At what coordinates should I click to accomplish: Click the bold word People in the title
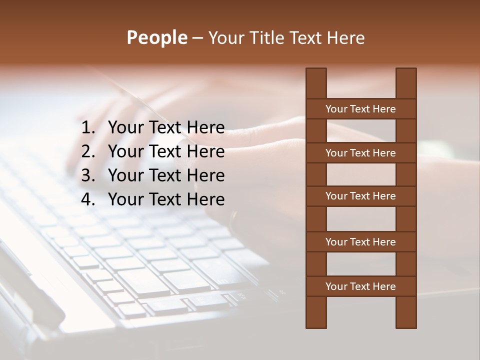(x=156, y=38)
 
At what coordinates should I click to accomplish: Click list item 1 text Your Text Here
(x=166, y=128)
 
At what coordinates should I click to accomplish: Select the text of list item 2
(x=166, y=151)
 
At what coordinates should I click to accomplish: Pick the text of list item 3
(x=166, y=175)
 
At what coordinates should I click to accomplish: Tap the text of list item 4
(x=166, y=199)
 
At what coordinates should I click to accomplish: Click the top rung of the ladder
(x=360, y=109)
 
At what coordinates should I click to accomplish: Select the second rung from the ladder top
(x=360, y=153)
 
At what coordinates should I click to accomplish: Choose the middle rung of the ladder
(x=360, y=196)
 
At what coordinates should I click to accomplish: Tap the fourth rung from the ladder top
(x=360, y=242)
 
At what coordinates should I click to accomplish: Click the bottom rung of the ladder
(x=360, y=286)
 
